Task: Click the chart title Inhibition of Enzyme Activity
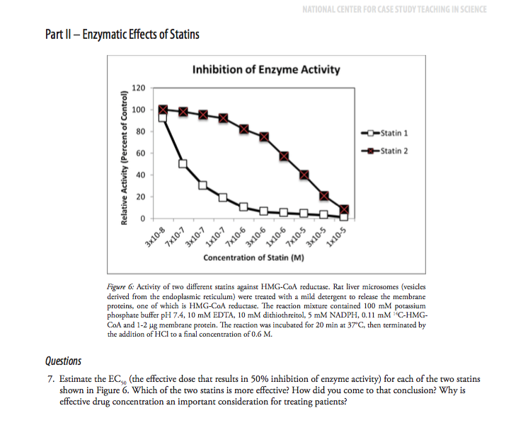click(x=265, y=69)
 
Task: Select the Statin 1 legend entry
click(x=390, y=134)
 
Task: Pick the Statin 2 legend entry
click(x=390, y=150)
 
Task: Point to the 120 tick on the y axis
click(x=139, y=88)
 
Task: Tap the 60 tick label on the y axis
click(x=141, y=153)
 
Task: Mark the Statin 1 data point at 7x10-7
click(x=183, y=164)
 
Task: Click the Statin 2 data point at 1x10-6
click(x=284, y=156)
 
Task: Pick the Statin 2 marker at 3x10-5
click(x=324, y=196)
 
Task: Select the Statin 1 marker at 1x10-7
click(x=223, y=197)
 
